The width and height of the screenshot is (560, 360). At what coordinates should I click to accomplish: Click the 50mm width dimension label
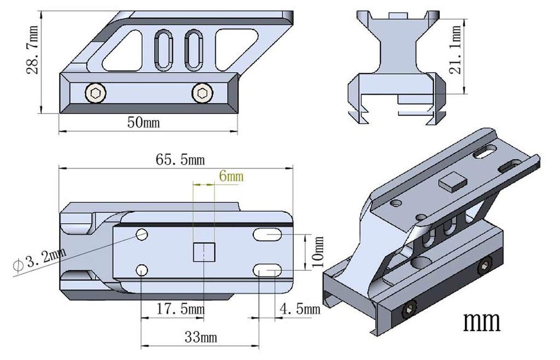[143, 122]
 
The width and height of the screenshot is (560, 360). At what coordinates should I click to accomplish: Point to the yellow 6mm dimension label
[230, 176]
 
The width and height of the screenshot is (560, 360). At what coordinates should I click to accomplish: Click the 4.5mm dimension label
[299, 309]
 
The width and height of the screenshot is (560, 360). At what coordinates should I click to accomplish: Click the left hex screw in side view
[96, 94]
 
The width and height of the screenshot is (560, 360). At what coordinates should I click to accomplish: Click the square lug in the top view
[204, 252]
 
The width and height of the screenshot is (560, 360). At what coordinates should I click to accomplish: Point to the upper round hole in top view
[142, 235]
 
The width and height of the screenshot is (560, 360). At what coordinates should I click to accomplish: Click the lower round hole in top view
[142, 270]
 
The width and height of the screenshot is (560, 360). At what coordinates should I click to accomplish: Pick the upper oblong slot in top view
[267, 235]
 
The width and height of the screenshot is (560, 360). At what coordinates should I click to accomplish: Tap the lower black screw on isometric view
[407, 311]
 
